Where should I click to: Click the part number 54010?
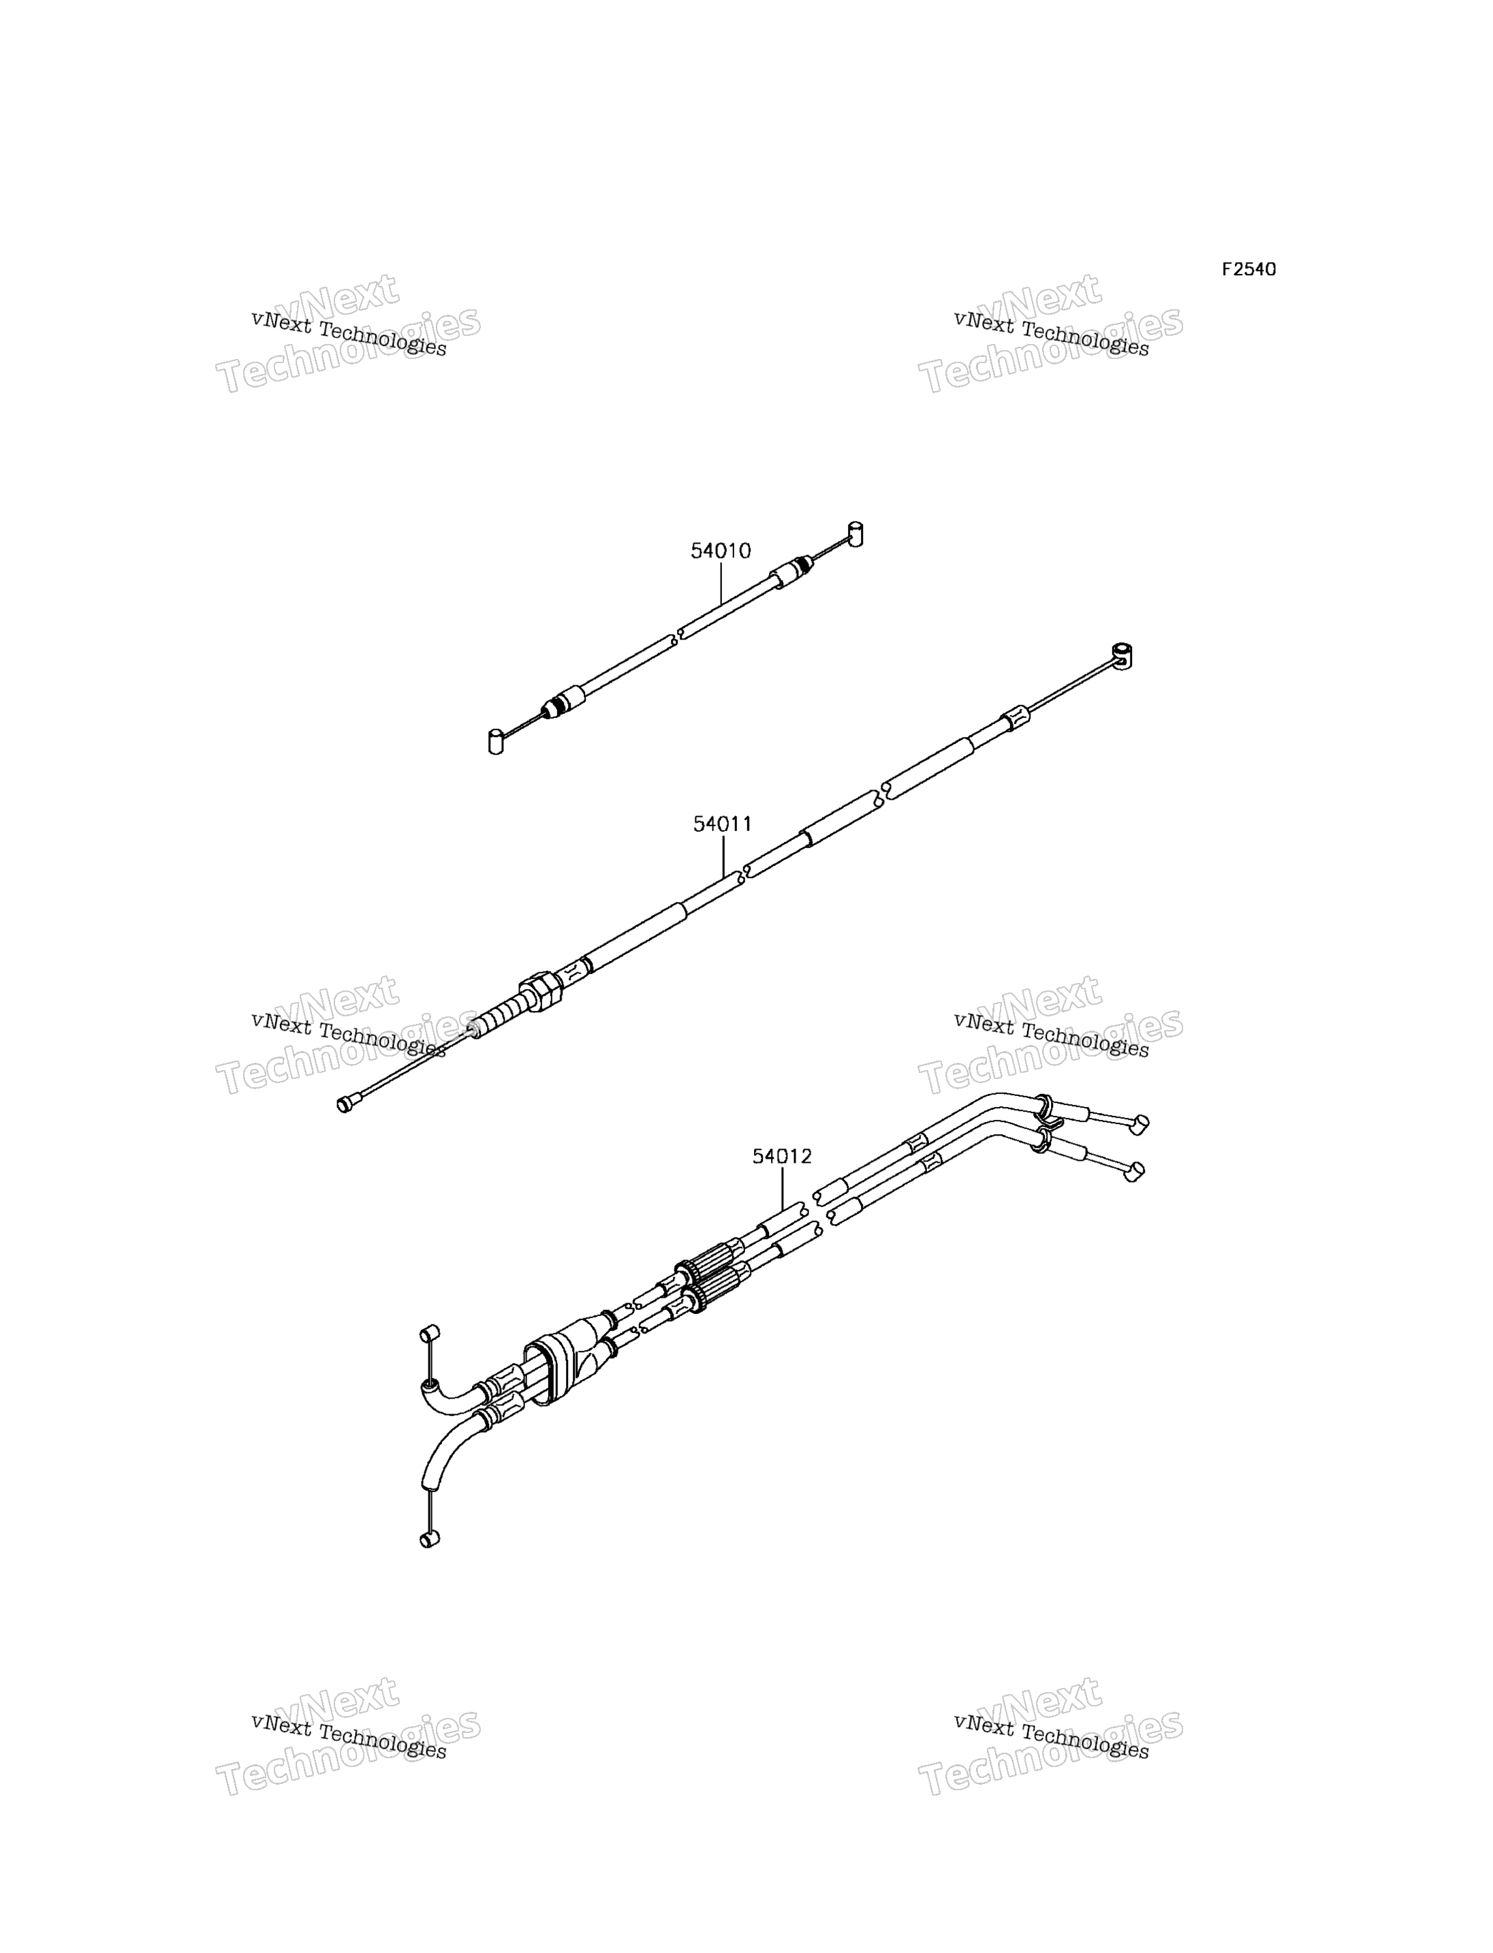(x=721, y=551)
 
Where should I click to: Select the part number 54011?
(x=723, y=824)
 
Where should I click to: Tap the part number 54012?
(x=782, y=1157)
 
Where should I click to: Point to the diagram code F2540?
(x=1248, y=269)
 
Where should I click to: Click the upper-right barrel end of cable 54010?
(x=855, y=533)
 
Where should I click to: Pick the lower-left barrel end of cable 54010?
(x=496, y=741)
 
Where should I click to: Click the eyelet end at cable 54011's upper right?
(x=1122, y=656)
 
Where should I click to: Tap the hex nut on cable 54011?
(x=540, y=990)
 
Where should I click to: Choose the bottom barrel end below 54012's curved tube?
(x=429, y=1562)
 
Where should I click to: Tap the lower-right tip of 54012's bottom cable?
(x=1135, y=1172)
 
